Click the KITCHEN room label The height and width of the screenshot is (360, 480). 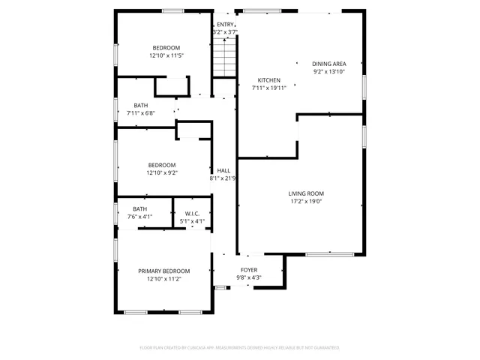point(268,80)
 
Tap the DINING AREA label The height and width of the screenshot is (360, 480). point(328,64)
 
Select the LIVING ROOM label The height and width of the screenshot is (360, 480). point(306,193)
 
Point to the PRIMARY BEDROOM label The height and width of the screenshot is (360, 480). point(163,271)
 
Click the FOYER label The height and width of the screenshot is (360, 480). point(249,269)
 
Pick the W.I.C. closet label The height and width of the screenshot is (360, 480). point(192,213)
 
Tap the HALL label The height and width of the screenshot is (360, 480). point(223,170)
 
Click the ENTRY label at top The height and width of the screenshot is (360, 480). point(225,25)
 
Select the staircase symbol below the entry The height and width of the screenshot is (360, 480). point(223,58)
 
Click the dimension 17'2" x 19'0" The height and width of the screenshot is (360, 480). point(306,201)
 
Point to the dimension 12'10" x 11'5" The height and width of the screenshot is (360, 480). point(166,55)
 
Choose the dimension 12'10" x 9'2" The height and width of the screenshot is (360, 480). point(161,173)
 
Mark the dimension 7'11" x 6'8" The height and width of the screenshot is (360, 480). point(141,113)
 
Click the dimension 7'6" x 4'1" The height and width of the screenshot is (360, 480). point(139,217)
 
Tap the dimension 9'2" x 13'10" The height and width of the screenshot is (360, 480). point(328,71)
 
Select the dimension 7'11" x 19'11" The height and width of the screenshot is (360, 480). point(268,88)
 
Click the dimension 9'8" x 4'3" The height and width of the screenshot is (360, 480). point(249,277)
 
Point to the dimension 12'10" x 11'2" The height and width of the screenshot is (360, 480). point(163,279)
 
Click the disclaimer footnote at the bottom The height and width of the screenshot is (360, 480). point(239,347)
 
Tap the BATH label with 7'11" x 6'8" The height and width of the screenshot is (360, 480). point(140,105)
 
